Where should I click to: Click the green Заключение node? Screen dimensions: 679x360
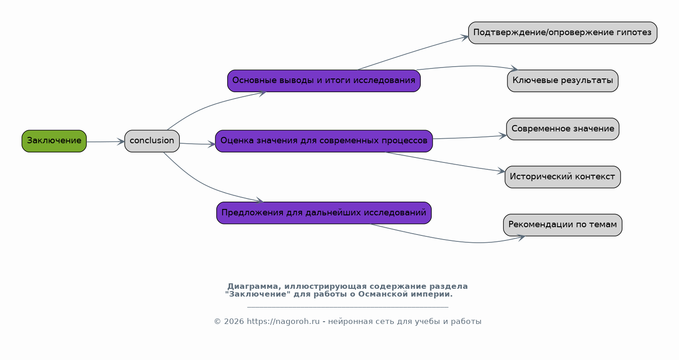coord(54,141)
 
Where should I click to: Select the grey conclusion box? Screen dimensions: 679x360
coord(152,141)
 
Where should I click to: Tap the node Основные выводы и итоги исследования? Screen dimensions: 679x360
coord(324,81)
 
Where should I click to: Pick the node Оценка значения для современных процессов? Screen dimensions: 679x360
coord(324,141)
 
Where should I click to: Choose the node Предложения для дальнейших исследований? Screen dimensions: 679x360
coord(324,213)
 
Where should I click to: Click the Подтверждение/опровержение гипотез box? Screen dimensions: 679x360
coord(563,33)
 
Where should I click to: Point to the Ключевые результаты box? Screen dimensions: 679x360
coord(563,81)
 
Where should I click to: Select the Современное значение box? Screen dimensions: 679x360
coord(563,129)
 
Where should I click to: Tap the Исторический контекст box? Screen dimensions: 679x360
coord(563,177)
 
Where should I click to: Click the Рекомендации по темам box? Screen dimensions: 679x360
coord(563,225)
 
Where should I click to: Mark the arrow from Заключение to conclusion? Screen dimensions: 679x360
coord(105,141)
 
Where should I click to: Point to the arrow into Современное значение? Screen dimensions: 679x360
coord(470,138)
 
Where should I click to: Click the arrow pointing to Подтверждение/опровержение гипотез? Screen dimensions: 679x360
coord(412,52)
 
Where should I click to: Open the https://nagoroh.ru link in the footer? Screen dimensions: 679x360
coord(283,322)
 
